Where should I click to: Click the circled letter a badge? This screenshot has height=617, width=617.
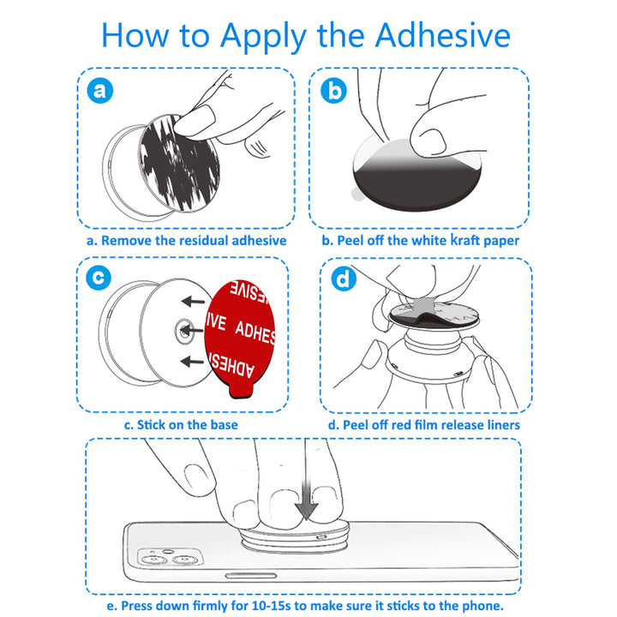pos(100,91)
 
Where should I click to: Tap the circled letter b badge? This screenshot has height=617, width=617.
pos(333,91)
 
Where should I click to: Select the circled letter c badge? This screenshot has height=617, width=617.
pos(99,278)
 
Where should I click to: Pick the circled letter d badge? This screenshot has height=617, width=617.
pos(344,279)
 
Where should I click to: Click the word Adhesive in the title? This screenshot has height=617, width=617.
pos(443,35)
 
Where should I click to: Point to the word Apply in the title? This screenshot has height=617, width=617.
pos(263,38)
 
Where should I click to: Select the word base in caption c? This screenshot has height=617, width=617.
pos(224,425)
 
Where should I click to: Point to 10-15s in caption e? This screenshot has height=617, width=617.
pos(271,606)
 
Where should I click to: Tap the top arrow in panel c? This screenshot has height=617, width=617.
pos(193,302)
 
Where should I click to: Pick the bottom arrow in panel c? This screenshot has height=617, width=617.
pos(193,361)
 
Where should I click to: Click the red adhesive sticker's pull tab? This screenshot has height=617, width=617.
pos(241,391)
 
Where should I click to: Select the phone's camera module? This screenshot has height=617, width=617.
pos(170,558)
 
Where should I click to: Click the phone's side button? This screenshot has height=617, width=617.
pos(250,576)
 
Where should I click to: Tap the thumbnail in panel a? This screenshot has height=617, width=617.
pos(195,121)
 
